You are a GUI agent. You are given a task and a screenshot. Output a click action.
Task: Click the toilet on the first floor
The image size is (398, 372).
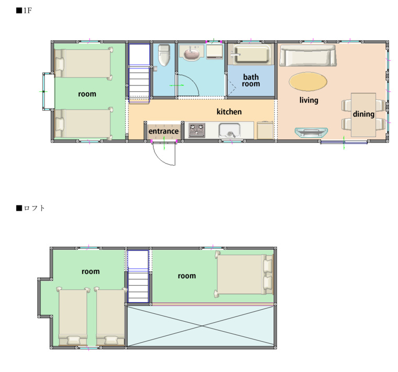[x=164, y=55]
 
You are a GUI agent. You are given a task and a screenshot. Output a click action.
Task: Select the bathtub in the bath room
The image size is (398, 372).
[x=251, y=54]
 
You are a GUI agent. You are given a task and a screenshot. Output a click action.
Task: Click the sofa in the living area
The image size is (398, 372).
[x=308, y=56]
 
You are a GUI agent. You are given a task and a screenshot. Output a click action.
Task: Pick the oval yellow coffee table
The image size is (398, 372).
[x=308, y=82]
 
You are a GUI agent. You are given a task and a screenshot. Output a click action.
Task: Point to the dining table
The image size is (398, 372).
[x=363, y=115]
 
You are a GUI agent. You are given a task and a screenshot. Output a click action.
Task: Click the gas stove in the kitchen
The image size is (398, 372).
[x=197, y=130]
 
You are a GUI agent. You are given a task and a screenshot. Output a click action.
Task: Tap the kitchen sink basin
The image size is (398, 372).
[x=229, y=130]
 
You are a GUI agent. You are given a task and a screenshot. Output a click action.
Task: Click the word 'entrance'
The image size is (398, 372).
[x=163, y=132]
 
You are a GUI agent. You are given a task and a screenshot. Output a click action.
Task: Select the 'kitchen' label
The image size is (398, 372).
[x=229, y=112]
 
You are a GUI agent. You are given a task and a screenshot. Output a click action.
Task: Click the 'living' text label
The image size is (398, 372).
[x=308, y=100]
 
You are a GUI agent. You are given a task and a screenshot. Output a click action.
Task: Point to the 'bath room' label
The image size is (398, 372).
[x=251, y=80]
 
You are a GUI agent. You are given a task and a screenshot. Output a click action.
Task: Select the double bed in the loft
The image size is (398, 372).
[x=244, y=274]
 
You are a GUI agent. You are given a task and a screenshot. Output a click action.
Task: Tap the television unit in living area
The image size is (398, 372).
[x=311, y=132]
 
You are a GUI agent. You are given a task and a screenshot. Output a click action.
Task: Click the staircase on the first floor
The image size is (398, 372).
[x=139, y=74]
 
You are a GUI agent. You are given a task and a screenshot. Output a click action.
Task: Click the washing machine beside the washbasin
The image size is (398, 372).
[x=215, y=52]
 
